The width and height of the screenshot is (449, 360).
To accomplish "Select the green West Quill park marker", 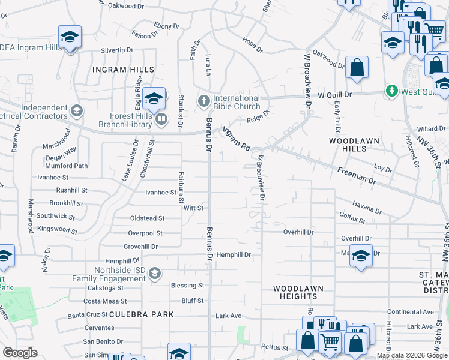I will pos(392,91).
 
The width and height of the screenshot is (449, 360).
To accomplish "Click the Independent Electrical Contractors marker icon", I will pos(76,111).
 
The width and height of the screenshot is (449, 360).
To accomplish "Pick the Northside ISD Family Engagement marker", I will pos(155,274).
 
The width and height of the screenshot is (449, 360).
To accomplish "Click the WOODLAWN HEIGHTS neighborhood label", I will pos(295,292).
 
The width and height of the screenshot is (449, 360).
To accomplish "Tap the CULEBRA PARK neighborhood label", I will pos(141,314).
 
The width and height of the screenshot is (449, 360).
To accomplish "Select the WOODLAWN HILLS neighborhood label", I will pos(354,145).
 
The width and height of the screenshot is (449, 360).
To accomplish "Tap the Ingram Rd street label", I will pos(236,137).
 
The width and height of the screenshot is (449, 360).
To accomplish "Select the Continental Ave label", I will pos(410,312).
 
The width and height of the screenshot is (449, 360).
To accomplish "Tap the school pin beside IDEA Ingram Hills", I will pos(70,38).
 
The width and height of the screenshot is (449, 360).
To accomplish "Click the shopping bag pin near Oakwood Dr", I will pos(357,68).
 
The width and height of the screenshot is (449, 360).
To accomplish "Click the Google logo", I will pos(20,353).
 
